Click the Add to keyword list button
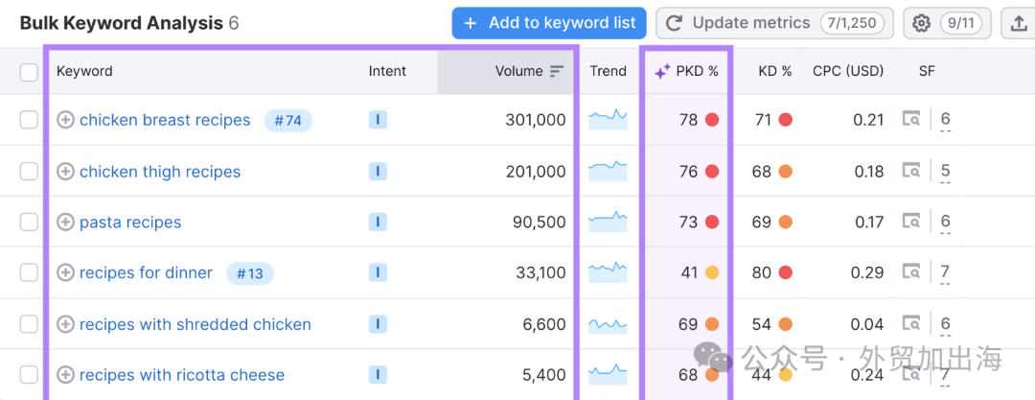click(x=549, y=23)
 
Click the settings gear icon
click(x=921, y=24)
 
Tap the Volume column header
click(x=518, y=71)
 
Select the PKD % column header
click(x=686, y=71)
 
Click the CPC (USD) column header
click(x=848, y=71)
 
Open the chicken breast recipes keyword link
click(x=165, y=120)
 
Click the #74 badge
click(x=287, y=120)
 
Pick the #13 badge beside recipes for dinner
click(x=250, y=273)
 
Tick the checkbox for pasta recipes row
click(x=29, y=223)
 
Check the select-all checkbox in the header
click(x=29, y=72)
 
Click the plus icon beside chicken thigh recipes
click(x=65, y=172)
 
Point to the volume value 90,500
click(x=540, y=223)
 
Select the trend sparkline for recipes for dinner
click(x=608, y=272)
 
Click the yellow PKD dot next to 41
click(x=711, y=272)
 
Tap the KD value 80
click(x=762, y=272)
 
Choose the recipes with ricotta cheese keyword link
click(x=182, y=375)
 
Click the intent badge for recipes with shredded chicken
click(x=378, y=324)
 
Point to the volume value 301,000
click(x=536, y=120)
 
